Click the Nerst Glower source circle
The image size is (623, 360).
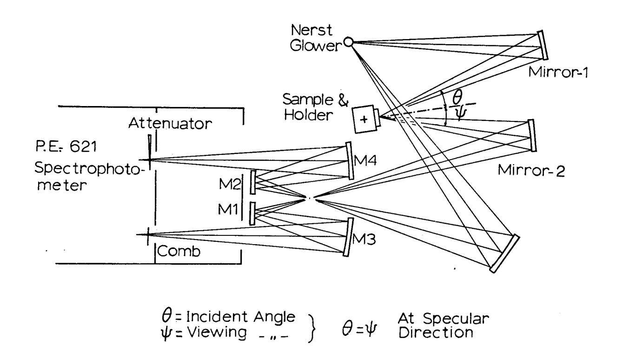click(x=348, y=42)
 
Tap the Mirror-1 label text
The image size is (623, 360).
click(x=557, y=73)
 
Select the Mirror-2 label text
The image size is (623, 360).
click(x=531, y=170)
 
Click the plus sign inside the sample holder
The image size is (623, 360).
click(x=364, y=120)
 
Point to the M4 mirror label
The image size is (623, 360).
click(x=365, y=160)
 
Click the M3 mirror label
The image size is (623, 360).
click(x=364, y=239)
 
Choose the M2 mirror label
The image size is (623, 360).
click(x=230, y=184)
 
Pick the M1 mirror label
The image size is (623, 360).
click(x=228, y=209)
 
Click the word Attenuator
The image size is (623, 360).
click(x=170, y=123)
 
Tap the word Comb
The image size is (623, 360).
click(x=179, y=251)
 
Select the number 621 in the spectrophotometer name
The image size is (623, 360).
click(x=83, y=146)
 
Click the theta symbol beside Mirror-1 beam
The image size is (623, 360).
click(x=457, y=97)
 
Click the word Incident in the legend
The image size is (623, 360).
click(x=215, y=317)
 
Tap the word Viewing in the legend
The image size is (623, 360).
click(x=217, y=332)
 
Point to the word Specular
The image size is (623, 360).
click(x=456, y=318)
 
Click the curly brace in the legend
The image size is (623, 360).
click(x=312, y=328)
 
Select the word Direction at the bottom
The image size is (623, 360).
click(x=436, y=333)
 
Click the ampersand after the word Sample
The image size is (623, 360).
click(x=343, y=100)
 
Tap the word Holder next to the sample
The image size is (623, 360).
click(x=308, y=115)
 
